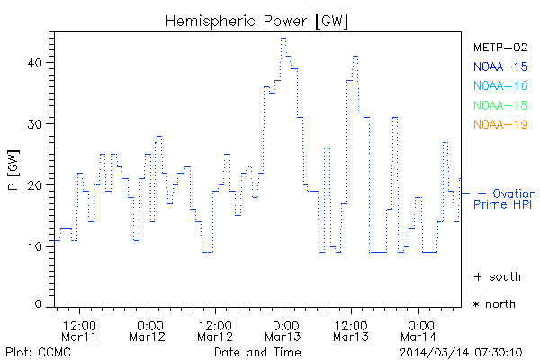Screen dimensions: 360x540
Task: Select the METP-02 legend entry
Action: (x=500, y=47)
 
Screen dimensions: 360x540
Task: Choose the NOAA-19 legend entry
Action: (x=500, y=124)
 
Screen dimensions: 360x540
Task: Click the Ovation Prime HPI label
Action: (x=504, y=199)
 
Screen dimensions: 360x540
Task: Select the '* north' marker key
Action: (x=494, y=304)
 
